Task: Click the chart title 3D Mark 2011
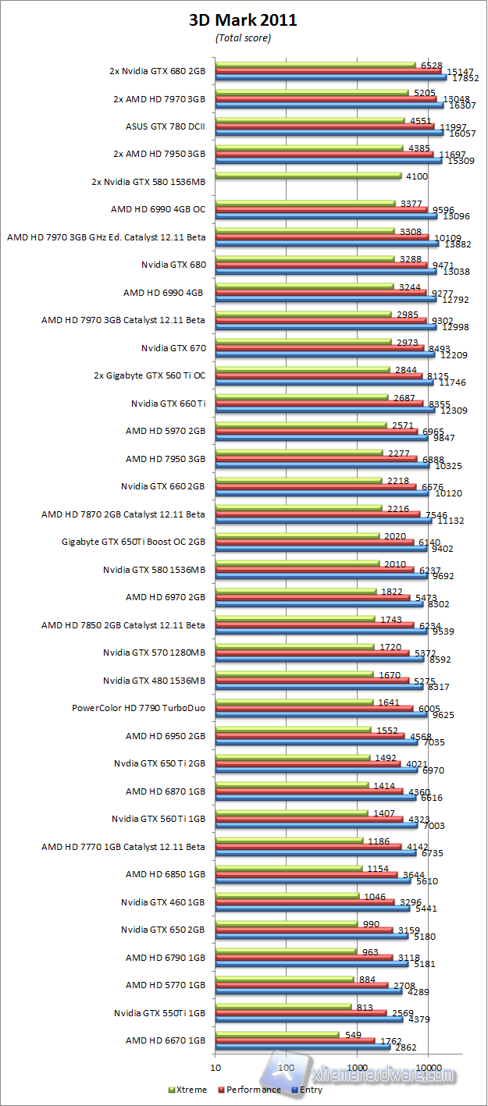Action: tap(243, 20)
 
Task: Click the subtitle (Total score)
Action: tap(243, 37)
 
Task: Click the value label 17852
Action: tap(466, 78)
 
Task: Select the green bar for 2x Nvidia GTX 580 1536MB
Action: tap(308, 176)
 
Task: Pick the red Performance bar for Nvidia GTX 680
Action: tap(320, 265)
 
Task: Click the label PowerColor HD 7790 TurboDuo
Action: tap(138, 709)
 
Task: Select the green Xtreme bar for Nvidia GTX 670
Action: tap(302, 341)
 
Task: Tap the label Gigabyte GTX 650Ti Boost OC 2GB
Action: tap(133, 542)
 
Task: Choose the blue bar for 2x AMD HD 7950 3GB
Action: tap(328, 161)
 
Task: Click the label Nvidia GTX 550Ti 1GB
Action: tap(159, 1012)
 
